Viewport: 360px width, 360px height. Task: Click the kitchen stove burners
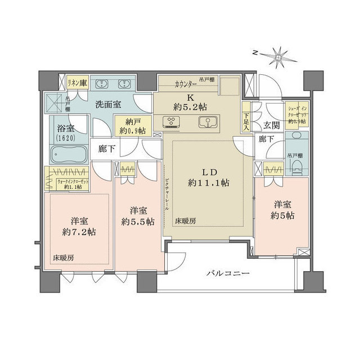coord(170,121)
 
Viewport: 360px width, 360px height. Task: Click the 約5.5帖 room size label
coord(138,221)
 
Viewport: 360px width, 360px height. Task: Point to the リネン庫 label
coord(77,83)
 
